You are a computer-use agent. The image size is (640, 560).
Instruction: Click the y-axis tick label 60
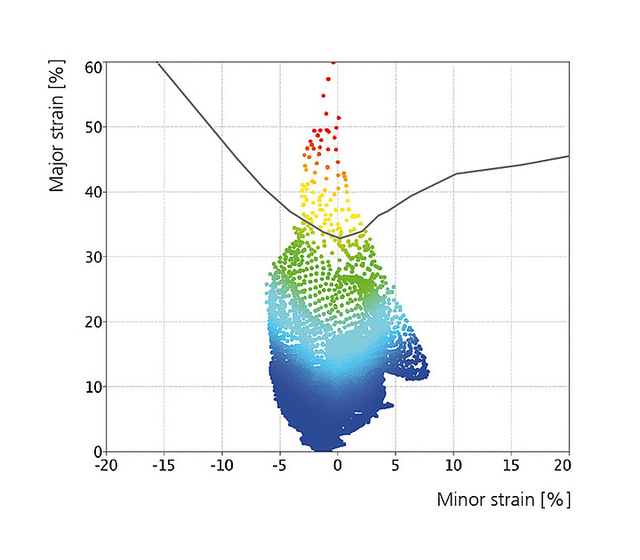(92, 68)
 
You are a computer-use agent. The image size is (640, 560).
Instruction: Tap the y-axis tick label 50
(92, 127)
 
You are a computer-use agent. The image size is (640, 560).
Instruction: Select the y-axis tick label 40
(92, 192)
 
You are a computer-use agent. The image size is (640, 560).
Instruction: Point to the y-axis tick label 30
(92, 257)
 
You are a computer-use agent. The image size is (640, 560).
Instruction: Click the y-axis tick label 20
(92, 322)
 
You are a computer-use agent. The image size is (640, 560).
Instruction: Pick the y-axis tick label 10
(92, 387)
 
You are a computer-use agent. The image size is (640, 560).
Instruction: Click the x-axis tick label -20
(106, 464)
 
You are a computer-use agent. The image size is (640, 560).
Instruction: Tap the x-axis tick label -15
(164, 464)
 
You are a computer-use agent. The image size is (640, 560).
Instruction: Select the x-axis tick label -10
(221, 464)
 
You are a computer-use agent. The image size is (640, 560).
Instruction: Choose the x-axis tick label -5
(279, 464)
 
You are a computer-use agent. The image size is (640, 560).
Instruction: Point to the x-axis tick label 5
(396, 464)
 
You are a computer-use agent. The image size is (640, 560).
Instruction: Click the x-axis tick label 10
(453, 464)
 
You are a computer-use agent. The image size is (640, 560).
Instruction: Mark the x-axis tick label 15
(511, 464)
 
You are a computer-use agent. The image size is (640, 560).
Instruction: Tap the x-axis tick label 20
(568, 464)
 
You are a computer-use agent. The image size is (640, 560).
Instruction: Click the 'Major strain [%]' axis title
(59, 125)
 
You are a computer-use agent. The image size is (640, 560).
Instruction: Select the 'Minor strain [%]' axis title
(503, 500)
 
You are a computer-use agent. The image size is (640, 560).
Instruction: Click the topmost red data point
(333, 62)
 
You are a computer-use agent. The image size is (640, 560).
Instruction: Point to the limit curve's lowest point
(340, 237)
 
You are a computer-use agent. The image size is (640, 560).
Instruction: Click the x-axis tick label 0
(338, 464)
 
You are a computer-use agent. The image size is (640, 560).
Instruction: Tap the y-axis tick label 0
(97, 451)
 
